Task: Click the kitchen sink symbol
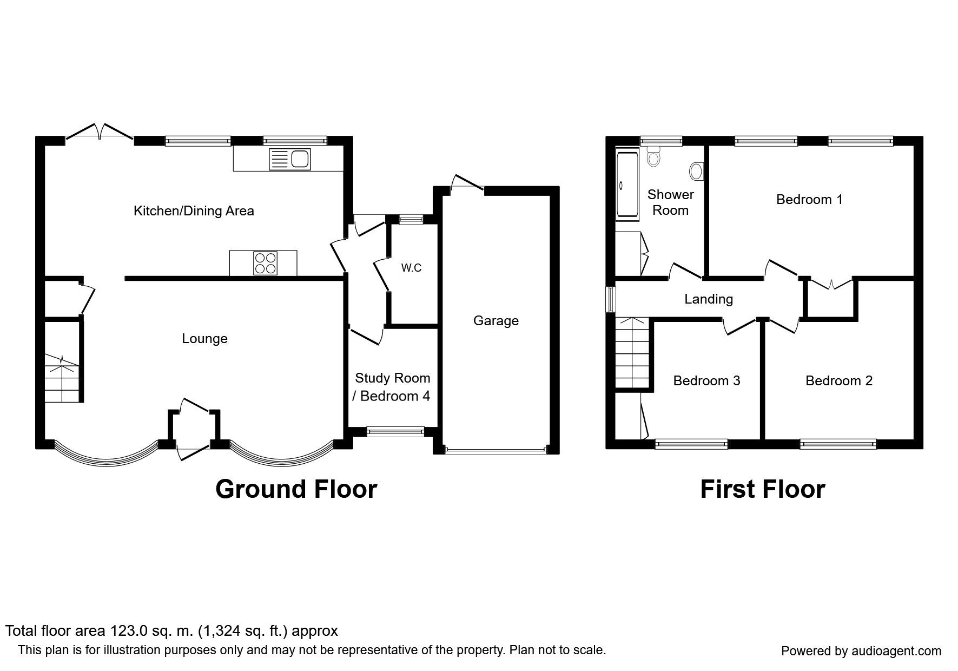289,160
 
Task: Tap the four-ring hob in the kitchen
265,264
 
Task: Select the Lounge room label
204,339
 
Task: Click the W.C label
411,268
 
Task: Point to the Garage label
495,321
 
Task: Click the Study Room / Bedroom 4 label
392,387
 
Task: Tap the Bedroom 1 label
809,200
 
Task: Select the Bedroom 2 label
838,381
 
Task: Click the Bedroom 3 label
706,381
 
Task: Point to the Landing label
709,299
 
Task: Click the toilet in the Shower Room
653,157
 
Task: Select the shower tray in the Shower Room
627,185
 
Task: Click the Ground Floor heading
296,489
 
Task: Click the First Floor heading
762,489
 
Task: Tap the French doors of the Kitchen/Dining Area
100,131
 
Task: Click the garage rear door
468,184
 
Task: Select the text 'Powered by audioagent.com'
861,651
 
